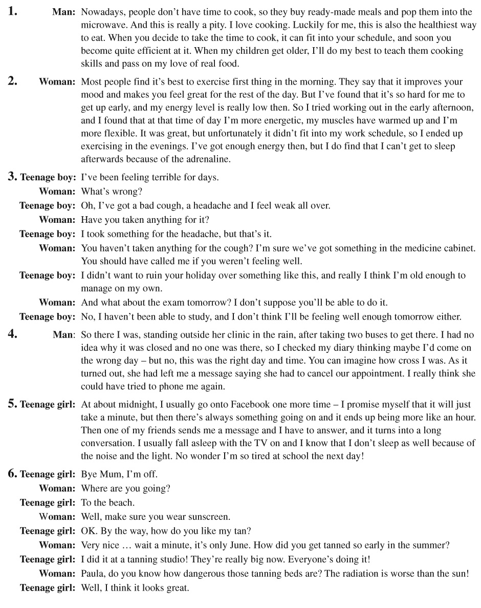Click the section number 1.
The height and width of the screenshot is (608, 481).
pyautogui.click(x=12, y=11)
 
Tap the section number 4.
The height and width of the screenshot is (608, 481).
pyautogui.click(x=12, y=334)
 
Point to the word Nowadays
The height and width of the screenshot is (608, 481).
pyautogui.click(x=101, y=12)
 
